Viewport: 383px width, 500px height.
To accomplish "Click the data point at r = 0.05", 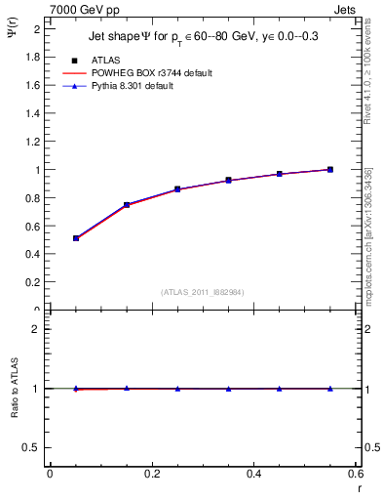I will pos(76,238).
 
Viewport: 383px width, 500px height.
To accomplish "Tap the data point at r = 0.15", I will pos(127,205).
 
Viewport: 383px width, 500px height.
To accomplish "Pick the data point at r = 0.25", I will pos(177,189).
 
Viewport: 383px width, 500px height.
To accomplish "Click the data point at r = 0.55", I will pos(330,169).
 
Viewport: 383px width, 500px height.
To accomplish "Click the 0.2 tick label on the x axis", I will pos(151,475).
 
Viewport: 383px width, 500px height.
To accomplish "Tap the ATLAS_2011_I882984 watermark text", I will pos(202,292).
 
